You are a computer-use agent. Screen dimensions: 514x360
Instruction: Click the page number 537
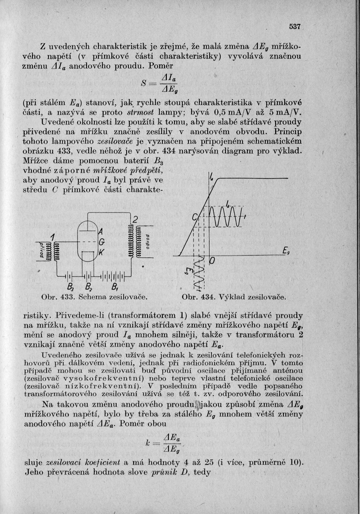point(295,27)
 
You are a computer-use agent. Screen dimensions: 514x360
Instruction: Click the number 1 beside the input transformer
point(52,238)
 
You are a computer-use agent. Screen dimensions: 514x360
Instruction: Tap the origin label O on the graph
point(213,261)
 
